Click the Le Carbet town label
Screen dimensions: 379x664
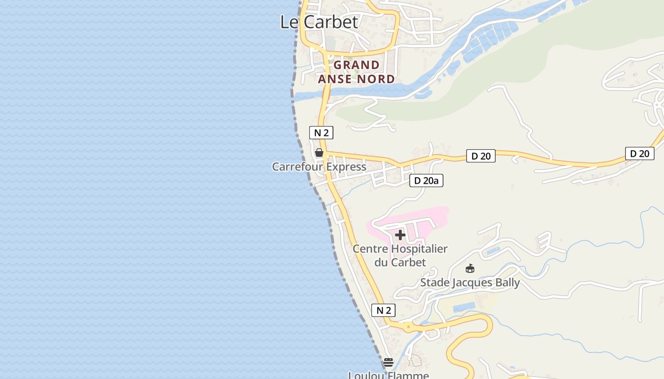click(319, 22)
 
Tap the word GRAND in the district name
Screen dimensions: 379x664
click(357, 65)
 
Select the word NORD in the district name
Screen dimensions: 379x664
click(377, 79)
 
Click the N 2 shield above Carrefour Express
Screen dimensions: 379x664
click(321, 133)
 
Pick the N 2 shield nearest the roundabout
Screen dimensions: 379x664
click(383, 310)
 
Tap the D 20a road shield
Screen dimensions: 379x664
click(426, 180)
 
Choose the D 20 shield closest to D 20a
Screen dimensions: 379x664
click(481, 156)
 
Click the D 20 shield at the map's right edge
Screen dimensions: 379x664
click(639, 153)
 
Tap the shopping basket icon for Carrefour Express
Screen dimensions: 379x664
click(319, 153)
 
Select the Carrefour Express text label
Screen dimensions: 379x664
click(319, 167)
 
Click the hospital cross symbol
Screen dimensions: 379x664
click(400, 235)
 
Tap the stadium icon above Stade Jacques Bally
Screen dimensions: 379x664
click(470, 269)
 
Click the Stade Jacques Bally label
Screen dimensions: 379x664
click(470, 283)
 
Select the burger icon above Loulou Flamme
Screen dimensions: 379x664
click(388, 362)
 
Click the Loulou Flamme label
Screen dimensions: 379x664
click(388, 375)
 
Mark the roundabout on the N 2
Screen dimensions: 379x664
click(408, 327)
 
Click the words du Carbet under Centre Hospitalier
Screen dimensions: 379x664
click(400, 262)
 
